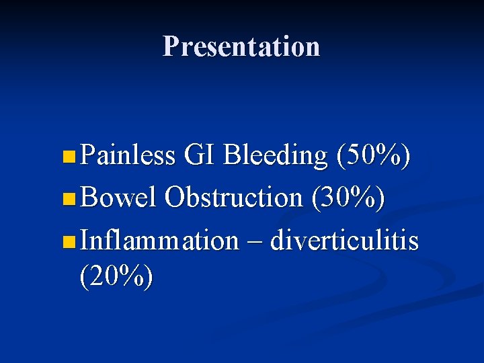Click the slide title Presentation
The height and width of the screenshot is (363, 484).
click(241, 46)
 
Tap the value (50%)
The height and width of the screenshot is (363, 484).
click(373, 156)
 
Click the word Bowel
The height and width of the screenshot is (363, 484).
click(119, 198)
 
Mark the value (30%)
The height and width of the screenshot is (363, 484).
click(348, 198)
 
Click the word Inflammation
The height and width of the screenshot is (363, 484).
click(159, 240)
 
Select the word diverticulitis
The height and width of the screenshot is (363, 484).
click(344, 240)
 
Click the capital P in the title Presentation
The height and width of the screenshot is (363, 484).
click(171, 46)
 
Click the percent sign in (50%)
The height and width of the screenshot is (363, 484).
click(389, 156)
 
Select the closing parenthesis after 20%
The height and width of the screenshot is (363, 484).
click(148, 276)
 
